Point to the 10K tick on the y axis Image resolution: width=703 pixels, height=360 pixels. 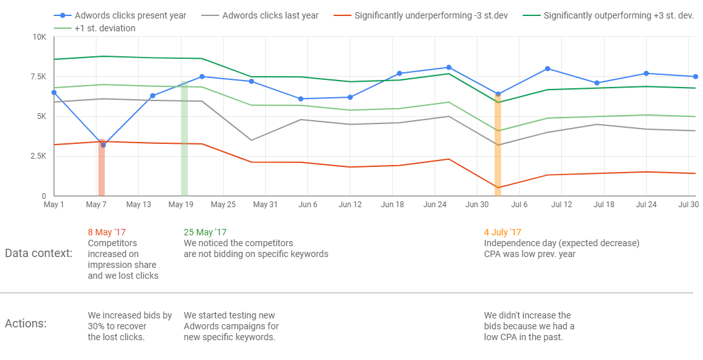39,37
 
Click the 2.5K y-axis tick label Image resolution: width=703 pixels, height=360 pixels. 37,156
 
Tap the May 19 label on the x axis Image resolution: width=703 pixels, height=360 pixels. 181,205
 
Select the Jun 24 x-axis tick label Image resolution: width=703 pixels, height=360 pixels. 435,205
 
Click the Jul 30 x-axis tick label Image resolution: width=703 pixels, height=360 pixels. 688,205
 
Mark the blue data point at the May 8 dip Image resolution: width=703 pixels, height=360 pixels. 104,145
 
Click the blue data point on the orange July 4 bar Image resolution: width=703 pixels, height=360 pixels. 498,94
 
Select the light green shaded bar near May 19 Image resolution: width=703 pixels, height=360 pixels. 184,141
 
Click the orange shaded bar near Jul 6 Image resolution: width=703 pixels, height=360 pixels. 498,147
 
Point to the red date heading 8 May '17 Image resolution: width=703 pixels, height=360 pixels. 107,233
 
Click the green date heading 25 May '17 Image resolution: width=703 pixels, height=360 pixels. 205,233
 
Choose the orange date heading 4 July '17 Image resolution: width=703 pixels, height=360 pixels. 503,233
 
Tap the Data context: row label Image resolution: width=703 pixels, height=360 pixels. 38,253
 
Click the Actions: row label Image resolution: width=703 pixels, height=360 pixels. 26,324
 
